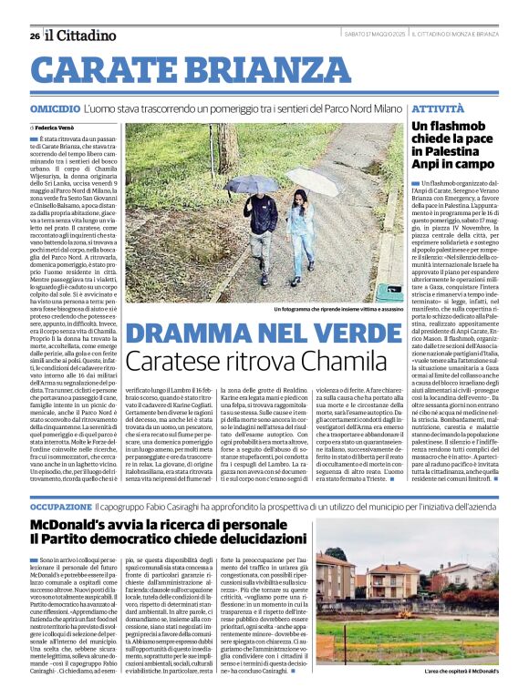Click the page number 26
point(35,36)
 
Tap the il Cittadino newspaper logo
point(82,36)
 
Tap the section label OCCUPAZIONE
point(60,505)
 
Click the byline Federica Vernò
point(62,125)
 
